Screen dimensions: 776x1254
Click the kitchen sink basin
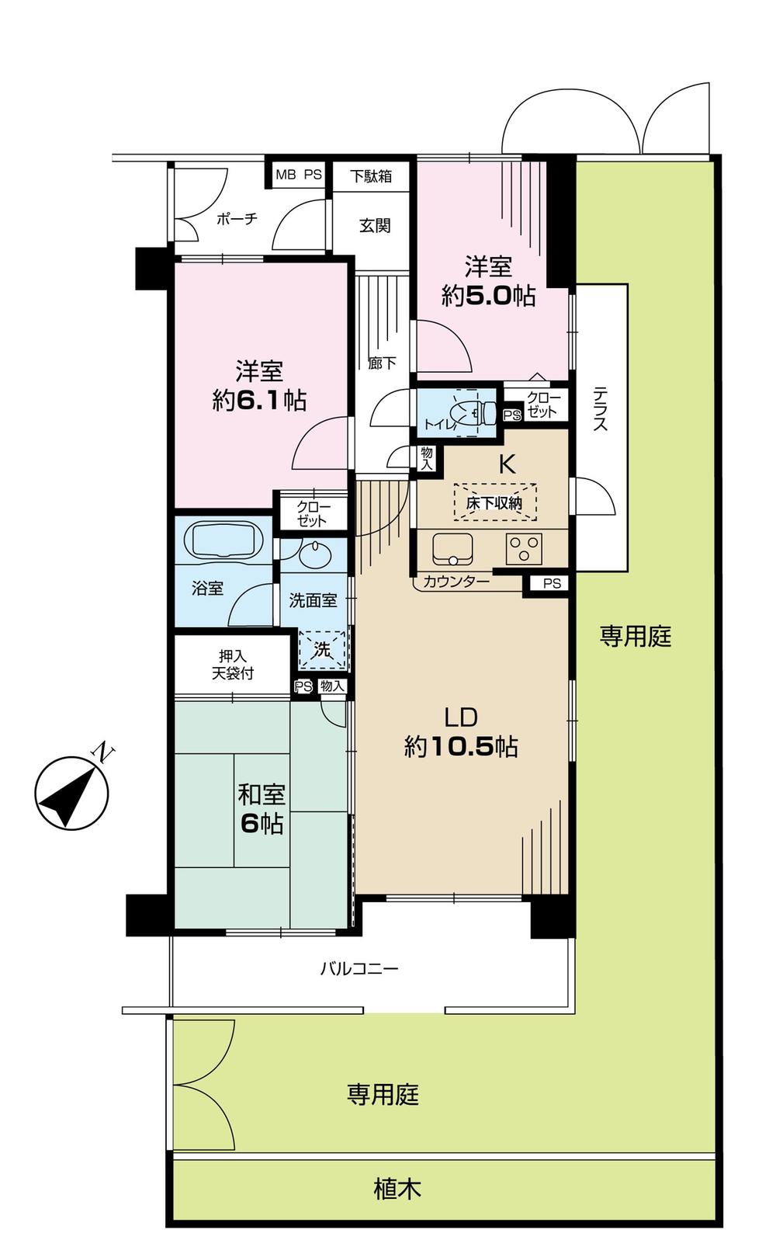tap(452, 549)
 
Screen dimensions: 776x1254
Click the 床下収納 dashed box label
tap(494, 502)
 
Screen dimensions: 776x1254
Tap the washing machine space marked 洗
tap(322, 649)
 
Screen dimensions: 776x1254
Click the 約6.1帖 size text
tap(259, 401)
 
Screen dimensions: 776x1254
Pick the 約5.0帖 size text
tap(488, 296)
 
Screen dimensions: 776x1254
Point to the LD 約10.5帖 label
tap(461, 732)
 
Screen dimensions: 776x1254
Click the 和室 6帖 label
tap(262, 810)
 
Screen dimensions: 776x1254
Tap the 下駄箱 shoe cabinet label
tap(372, 176)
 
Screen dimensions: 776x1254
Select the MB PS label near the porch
tap(299, 175)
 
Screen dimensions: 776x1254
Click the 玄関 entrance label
tap(375, 226)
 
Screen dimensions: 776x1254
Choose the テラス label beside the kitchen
tap(601, 409)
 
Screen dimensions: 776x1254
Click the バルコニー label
tap(359, 968)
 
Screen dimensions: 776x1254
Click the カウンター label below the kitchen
tap(456, 581)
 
